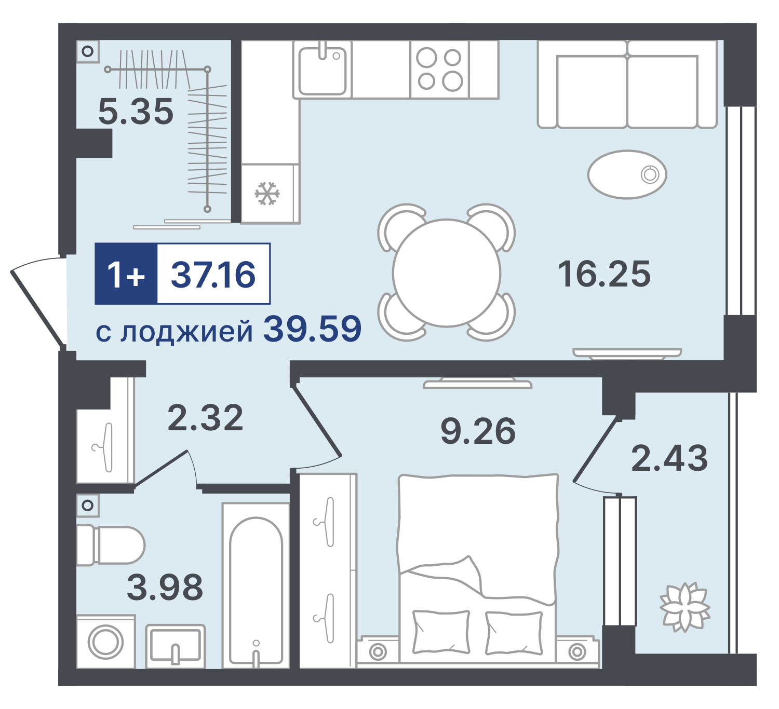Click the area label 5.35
tap(136, 112)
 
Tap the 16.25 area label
tap(604, 274)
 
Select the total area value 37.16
tap(213, 275)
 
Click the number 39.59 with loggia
tap(313, 329)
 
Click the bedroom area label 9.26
tap(478, 431)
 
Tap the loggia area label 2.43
tap(669, 458)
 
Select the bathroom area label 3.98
tap(165, 587)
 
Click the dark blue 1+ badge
tap(126, 274)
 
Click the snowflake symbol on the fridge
tap(267, 194)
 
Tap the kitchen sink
tap(322, 70)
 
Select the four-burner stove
tap(439, 70)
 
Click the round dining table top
tap(446, 273)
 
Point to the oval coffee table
tap(627, 175)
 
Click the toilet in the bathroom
tap(111, 545)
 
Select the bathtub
tap(256, 585)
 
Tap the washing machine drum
tap(105, 642)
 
